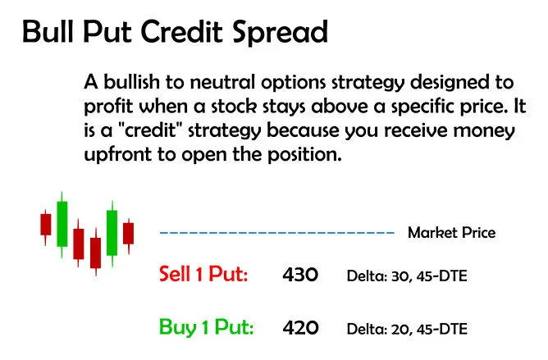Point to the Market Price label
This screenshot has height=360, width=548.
(451, 233)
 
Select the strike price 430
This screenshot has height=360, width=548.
(299, 275)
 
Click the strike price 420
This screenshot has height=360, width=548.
(299, 328)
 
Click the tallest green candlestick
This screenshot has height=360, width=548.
(62, 222)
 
